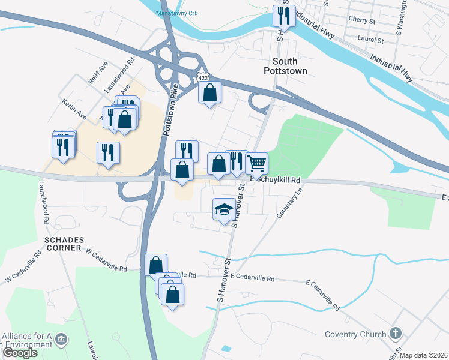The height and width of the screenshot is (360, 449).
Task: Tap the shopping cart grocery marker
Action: tap(256, 163)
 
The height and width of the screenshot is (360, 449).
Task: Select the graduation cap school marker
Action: tap(224, 210)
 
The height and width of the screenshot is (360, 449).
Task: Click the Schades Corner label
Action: tap(62, 243)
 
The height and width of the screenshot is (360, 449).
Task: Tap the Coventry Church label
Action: tap(358, 334)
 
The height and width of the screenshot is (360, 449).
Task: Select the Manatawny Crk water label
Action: tap(177, 13)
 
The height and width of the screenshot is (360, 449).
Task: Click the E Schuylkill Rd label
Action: tap(276, 179)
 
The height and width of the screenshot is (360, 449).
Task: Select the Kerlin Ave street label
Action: tap(74, 109)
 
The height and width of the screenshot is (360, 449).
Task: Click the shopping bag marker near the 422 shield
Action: tap(209, 92)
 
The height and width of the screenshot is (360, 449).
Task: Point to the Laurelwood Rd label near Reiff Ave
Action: tap(117, 74)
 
